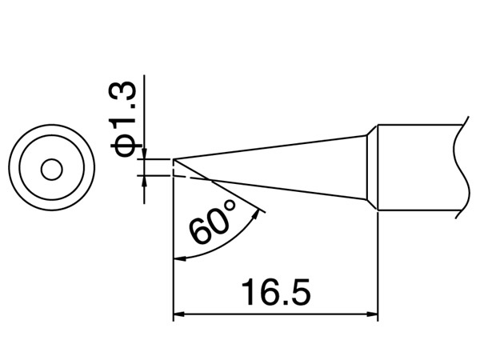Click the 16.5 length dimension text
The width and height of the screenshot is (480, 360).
tap(276, 293)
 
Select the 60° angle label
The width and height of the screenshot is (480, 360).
tap(212, 222)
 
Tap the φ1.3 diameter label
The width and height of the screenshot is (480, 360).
tap(123, 119)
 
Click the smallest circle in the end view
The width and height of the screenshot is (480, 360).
tap(52, 170)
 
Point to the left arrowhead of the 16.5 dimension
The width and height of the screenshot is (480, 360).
tap(179, 314)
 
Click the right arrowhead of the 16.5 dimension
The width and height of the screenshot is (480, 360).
tap(372, 314)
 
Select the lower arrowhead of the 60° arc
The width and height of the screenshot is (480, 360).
tap(180, 259)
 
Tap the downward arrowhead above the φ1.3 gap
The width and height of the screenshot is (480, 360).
tap(144, 154)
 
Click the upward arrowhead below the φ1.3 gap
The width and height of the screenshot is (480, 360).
tap(144, 181)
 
